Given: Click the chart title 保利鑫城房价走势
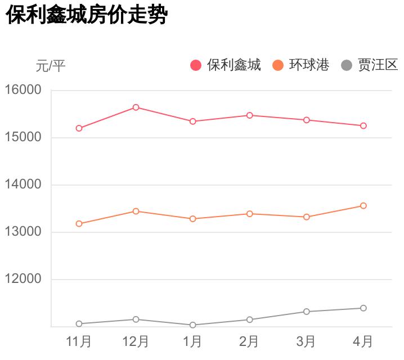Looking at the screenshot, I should (87, 16).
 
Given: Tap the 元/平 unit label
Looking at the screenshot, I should (51, 66).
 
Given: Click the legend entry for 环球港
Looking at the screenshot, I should (302, 65).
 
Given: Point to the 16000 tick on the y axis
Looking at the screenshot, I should (23, 90).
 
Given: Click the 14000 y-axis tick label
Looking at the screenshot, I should (23, 184).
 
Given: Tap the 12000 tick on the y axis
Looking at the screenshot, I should (23, 279).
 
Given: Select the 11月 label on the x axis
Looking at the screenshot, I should (79, 341).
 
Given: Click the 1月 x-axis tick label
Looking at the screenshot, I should (192, 341).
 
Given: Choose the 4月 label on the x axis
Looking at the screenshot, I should (363, 341).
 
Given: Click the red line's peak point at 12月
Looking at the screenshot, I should (136, 107).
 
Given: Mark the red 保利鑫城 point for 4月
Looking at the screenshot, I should (363, 126).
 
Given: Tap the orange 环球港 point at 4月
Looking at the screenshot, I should (363, 206).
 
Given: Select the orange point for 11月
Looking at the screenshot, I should (79, 224).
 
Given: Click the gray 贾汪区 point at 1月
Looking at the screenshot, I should (192, 325).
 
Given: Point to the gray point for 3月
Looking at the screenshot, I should (306, 312).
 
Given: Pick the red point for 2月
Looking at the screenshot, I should (249, 115).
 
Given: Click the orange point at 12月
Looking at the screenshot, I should (136, 211).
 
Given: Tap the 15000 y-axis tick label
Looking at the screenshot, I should (23, 137).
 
